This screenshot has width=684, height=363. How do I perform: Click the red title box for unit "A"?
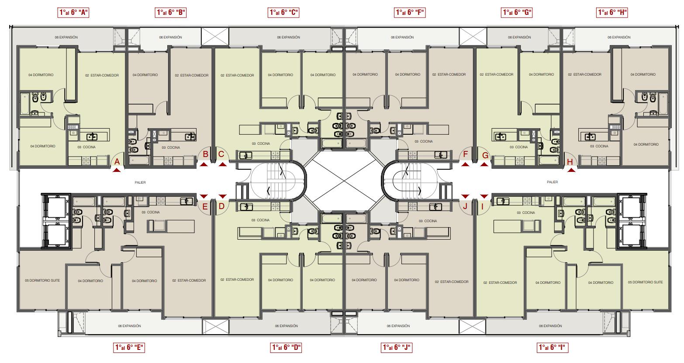(73, 13)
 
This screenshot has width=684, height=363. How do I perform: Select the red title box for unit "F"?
(410, 13)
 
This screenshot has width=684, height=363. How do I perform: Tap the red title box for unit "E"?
(129, 347)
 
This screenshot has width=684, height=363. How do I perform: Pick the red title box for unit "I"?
(553, 347)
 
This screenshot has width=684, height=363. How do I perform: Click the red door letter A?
(117, 162)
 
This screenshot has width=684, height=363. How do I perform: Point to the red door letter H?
(570, 162)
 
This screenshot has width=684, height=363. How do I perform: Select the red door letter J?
(465, 206)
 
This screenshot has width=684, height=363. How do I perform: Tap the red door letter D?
(222, 206)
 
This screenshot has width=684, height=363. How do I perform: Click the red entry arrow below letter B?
(204, 164)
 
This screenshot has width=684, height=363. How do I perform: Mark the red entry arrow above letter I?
(484, 196)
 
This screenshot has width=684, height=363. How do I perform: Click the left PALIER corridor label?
(140, 182)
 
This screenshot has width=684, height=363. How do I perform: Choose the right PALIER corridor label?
(552, 182)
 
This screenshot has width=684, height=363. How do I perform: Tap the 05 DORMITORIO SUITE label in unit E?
(42, 280)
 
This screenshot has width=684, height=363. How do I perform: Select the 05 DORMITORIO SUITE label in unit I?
(645, 282)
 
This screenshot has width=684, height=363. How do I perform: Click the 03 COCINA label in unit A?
(86, 147)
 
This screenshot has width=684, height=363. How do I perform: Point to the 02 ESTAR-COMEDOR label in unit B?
(192, 75)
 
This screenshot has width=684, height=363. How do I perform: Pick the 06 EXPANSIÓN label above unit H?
(619, 37)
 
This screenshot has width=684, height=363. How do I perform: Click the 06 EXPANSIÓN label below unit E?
(129, 326)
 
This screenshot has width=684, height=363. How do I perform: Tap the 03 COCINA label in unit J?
(428, 221)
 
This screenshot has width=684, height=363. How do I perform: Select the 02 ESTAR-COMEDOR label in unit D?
(237, 279)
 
